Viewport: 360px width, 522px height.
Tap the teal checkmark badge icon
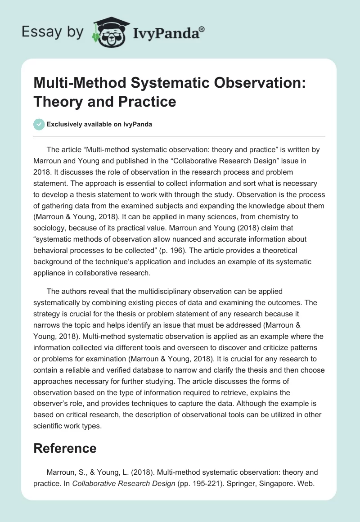(40, 124)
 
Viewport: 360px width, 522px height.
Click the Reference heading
(65, 448)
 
